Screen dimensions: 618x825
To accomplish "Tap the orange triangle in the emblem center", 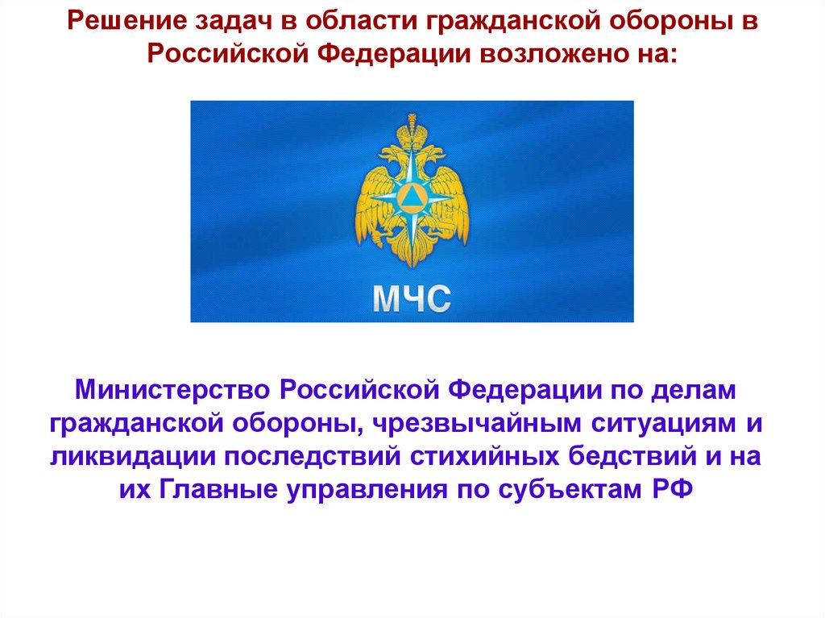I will (x=412, y=194).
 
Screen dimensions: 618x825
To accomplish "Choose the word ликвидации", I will (x=133, y=457).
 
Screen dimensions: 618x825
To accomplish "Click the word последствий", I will (x=313, y=457).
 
